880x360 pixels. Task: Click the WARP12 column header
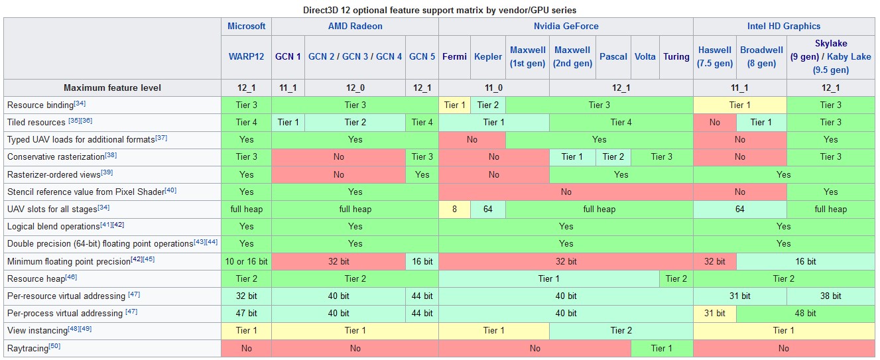pyautogui.click(x=246, y=56)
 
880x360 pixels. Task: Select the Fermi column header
pyautogui.click(x=454, y=56)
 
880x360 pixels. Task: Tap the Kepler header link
pyautogui.click(x=488, y=56)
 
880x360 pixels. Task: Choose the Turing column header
pyautogui.click(x=676, y=56)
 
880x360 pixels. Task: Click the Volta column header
pyautogui.click(x=645, y=56)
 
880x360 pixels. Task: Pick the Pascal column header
pyautogui.click(x=613, y=56)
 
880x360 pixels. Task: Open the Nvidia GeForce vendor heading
pyautogui.click(x=566, y=26)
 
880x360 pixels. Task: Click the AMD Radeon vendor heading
pyautogui.click(x=355, y=26)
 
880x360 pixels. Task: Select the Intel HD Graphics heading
pyautogui.click(x=784, y=26)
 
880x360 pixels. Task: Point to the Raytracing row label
pyautogui.click(x=27, y=348)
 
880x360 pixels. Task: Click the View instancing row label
pyautogui.click(x=37, y=331)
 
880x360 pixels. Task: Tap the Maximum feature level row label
pyautogui.click(x=112, y=88)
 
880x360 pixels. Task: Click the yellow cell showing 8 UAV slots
pyautogui.click(x=454, y=210)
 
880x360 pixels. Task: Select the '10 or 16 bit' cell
pyautogui.click(x=246, y=261)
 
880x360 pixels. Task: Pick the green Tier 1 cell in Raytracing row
pyautogui.click(x=662, y=348)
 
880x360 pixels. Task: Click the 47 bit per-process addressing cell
pyautogui.click(x=246, y=314)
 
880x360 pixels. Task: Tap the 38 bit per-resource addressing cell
pyautogui.click(x=830, y=296)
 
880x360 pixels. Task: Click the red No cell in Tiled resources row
pyautogui.click(x=715, y=122)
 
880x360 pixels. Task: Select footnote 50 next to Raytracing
pyautogui.click(x=54, y=346)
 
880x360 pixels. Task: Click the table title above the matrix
pyautogui.click(x=440, y=10)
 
